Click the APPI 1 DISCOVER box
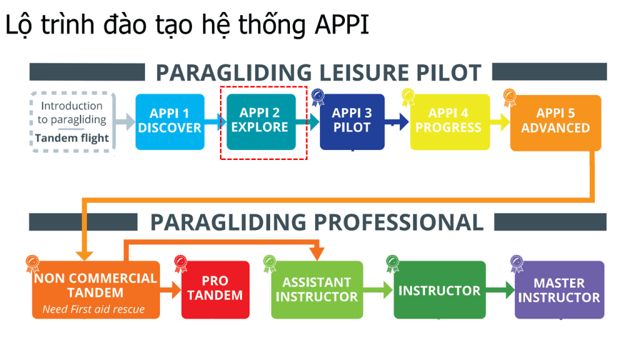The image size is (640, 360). coord(170,122)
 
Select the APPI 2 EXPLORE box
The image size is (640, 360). coord(261,122)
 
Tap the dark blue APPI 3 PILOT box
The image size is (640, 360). coord(352,122)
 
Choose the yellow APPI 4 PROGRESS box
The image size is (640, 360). coord(450,122)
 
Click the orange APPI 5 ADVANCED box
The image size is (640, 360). coord(556,123)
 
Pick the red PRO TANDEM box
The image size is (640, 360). coord(215,290)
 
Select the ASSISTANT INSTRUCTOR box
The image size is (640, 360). coord(317,290)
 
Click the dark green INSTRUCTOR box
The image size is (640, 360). coord(439,290)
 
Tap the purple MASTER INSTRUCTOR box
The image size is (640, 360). coord(559,290)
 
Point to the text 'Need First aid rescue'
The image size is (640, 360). coord(94,309)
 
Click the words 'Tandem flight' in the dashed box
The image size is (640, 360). coord(72,138)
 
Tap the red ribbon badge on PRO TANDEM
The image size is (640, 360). coord(181,264)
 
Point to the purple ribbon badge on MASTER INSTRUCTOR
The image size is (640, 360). coord(517,264)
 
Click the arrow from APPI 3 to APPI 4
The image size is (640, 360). coord(396,122)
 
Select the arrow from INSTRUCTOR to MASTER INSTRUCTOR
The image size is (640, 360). coord(501,290)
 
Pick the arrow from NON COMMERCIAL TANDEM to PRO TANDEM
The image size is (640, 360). coord(171,290)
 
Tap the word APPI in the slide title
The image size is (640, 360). coord(342,24)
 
